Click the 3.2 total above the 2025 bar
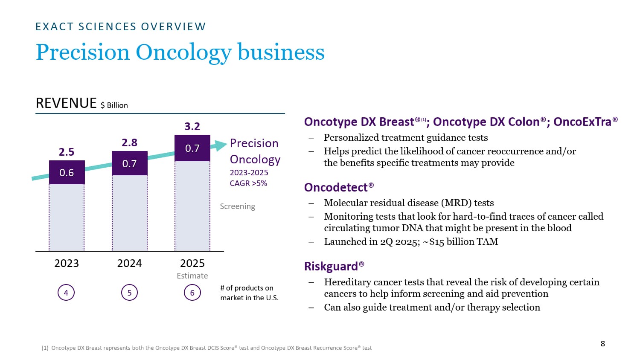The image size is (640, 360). tap(192, 126)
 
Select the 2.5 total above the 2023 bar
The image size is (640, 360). tap(67, 152)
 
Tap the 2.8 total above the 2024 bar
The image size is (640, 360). tap(129, 142)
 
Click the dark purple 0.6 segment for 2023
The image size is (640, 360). tap(67, 172)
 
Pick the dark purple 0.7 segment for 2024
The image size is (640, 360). tap(129, 163)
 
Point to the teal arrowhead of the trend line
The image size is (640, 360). tap(221, 145)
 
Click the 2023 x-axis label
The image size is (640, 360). tap(67, 263)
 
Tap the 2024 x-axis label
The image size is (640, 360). tap(129, 263)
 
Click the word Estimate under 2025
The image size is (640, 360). tap(192, 276)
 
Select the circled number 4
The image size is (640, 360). tap(66, 293)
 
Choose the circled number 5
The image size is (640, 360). tap(129, 293)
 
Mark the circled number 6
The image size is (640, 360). tap(192, 293)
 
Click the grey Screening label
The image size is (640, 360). tap(237, 206)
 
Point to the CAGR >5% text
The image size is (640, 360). tap(248, 183)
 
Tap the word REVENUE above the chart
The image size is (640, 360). tap(66, 103)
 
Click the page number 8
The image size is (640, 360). tap(602, 343)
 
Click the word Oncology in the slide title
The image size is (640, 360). tap(184, 52)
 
